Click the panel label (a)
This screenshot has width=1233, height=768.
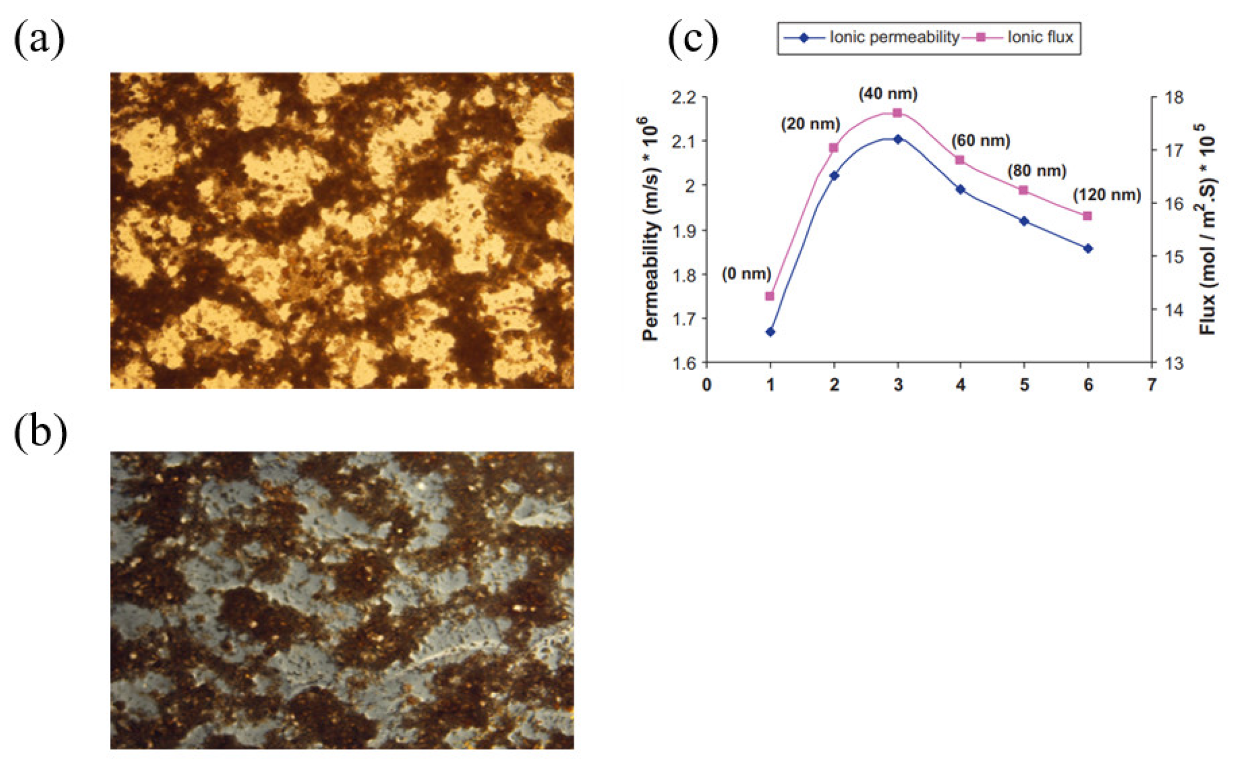[x=39, y=39]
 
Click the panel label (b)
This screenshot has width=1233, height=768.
[x=40, y=433]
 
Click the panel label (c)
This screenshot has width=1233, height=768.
[x=693, y=39]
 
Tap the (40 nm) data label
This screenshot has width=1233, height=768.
[x=888, y=94]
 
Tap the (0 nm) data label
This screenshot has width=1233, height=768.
[x=746, y=273]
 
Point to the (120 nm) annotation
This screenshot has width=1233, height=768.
[x=1107, y=195]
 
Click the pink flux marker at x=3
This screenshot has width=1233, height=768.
[x=898, y=113]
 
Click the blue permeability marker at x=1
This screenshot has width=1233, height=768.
[x=771, y=332]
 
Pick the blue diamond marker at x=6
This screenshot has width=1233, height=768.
[x=1088, y=249]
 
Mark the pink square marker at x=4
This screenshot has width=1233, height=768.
[x=960, y=160]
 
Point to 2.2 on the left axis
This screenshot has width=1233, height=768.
[x=684, y=97]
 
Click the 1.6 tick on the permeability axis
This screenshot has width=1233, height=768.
[x=684, y=363]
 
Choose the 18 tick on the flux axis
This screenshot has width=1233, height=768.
[x=1174, y=97]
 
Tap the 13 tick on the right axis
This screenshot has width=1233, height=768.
[x=1174, y=363]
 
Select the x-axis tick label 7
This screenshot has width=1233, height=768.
[x=1151, y=385]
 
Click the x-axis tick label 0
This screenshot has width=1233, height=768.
[x=706, y=385]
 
